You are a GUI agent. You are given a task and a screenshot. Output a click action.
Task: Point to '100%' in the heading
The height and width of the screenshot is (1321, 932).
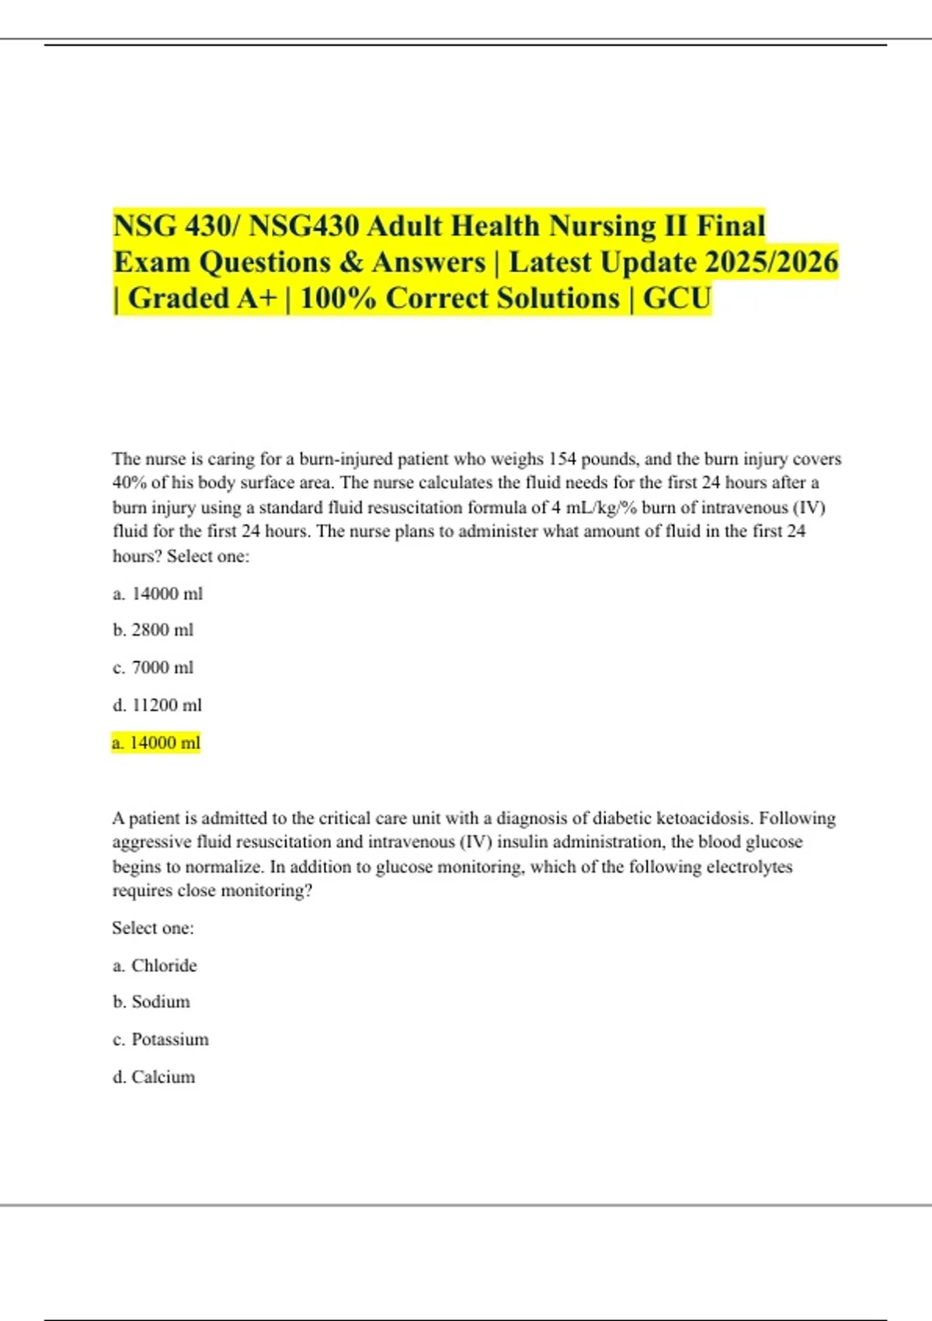(338, 298)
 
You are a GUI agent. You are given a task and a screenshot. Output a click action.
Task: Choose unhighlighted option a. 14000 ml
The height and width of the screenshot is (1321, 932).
(158, 594)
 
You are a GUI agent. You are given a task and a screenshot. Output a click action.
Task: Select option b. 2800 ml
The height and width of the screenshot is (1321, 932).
(153, 630)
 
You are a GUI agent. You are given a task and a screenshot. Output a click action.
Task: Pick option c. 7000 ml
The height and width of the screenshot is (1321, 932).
(153, 667)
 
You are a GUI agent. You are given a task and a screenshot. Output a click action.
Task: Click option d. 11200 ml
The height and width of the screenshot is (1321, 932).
(157, 705)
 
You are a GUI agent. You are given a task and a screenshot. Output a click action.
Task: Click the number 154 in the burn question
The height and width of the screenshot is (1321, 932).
(562, 459)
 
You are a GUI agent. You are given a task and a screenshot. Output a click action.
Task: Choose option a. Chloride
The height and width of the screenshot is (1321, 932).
(155, 966)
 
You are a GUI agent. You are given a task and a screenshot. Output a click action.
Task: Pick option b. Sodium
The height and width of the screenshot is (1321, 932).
(151, 1002)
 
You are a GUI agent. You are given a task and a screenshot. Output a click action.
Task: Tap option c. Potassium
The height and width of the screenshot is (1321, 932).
(161, 1040)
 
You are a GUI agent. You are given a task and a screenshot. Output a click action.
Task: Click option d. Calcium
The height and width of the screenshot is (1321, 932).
(154, 1077)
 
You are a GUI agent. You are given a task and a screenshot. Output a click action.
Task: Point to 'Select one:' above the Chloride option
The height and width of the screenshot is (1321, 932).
(153, 928)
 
